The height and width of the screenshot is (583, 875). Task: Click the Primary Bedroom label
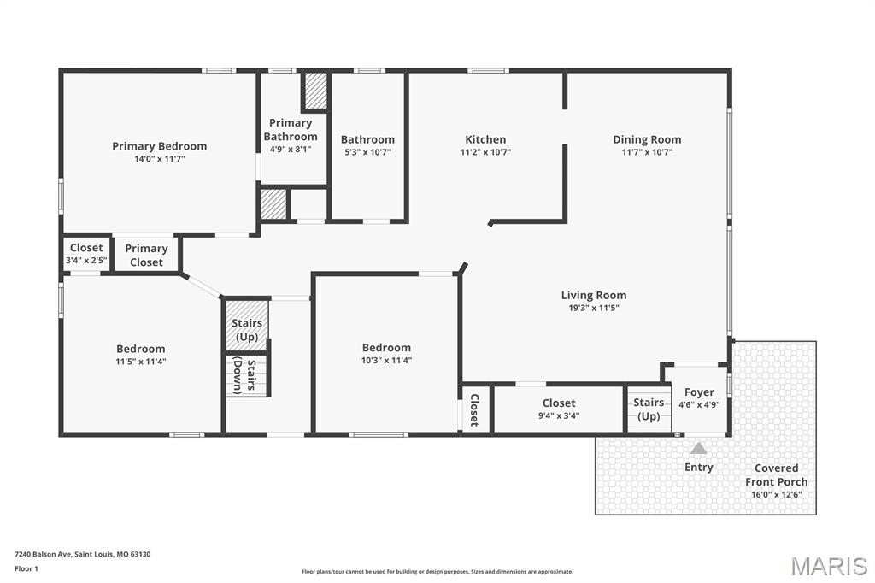[160, 146]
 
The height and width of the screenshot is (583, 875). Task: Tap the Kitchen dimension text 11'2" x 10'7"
[485, 152]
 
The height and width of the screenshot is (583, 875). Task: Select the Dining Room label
[647, 139]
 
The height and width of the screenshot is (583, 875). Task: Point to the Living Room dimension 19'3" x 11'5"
[594, 308]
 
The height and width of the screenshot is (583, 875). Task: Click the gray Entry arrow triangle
[699, 448]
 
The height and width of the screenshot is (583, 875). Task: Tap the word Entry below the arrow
[699, 467]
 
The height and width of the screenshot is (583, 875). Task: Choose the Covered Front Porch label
[776, 474]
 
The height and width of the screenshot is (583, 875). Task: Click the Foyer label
[699, 392]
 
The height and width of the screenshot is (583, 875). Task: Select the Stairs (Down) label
[244, 375]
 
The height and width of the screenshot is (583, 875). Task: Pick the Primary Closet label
[146, 256]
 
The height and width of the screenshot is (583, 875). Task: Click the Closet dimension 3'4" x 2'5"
[86, 260]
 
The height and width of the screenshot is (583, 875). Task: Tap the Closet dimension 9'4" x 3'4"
[559, 415]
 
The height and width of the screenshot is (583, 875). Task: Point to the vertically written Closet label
[474, 410]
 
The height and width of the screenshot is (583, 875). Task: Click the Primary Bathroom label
[291, 130]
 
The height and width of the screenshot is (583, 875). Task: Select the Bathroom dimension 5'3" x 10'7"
[367, 152]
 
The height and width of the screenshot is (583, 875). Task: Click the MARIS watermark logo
[829, 566]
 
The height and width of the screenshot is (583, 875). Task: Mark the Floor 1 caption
[26, 569]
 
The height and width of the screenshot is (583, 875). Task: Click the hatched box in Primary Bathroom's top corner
[315, 91]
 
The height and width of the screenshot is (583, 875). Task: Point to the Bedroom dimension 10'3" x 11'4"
[386, 360]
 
